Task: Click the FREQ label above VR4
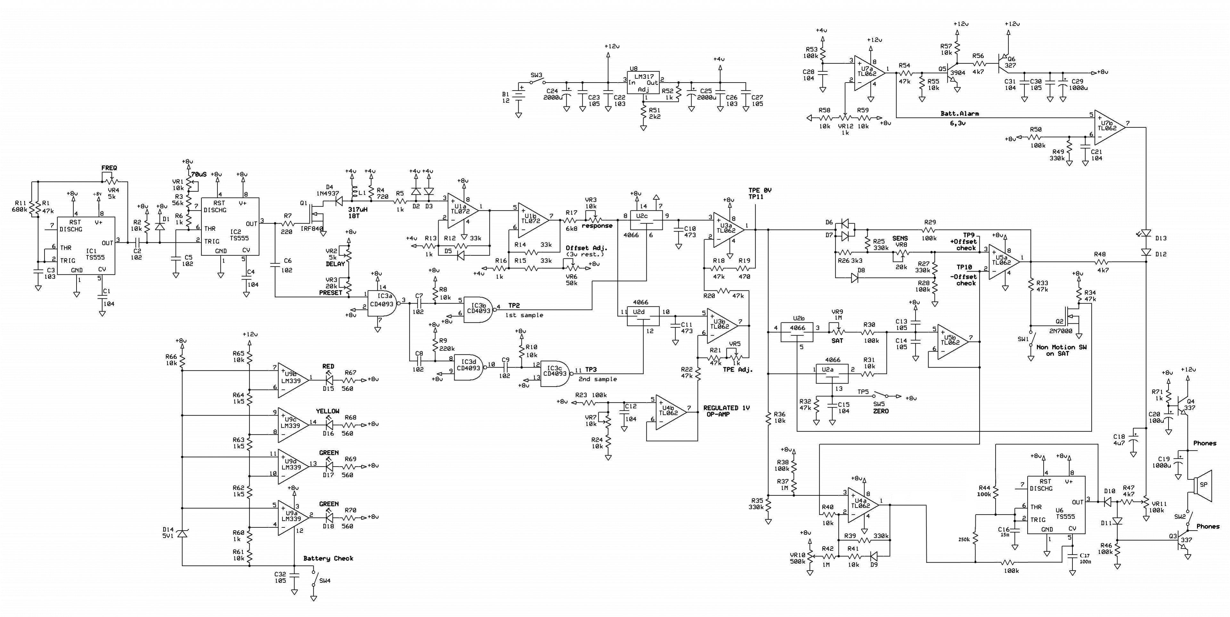click(109, 168)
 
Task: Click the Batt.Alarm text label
click(960, 114)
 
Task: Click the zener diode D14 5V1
click(182, 533)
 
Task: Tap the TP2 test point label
click(514, 305)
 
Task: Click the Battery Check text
click(329, 558)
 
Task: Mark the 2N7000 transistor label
click(1061, 331)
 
